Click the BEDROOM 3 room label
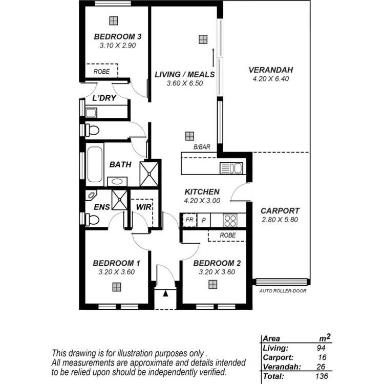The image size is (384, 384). (x=117, y=37)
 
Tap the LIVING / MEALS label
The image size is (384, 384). (x=184, y=74)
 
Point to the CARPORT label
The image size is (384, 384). (x=280, y=210)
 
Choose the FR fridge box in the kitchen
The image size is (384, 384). (x=189, y=220)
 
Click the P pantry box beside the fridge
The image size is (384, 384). (x=203, y=220)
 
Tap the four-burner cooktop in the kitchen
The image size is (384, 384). (x=230, y=220)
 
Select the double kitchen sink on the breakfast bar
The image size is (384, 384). (x=231, y=168)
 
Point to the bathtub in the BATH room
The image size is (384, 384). (x=94, y=165)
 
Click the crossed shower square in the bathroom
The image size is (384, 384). (x=151, y=173)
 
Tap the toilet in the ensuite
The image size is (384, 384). (x=92, y=219)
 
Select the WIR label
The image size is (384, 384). (x=142, y=207)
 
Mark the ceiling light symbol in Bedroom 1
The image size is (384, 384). (x=117, y=286)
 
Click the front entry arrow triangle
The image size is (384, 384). (x=165, y=293)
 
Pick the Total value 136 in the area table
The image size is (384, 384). (x=322, y=376)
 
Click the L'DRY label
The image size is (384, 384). (x=104, y=98)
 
